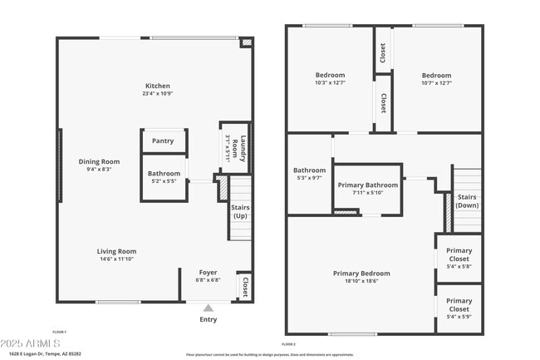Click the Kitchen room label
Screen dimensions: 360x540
(157, 86)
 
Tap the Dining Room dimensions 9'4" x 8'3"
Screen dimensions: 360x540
(100, 170)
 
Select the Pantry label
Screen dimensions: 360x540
(163, 141)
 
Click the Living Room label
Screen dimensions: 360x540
(116, 251)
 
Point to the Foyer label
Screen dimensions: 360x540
(208, 272)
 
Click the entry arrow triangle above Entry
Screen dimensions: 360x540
(208, 308)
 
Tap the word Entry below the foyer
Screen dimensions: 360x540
(208, 319)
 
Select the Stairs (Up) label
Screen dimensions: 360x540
(240, 211)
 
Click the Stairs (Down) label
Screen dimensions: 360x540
(467, 200)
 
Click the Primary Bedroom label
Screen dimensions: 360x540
(361, 273)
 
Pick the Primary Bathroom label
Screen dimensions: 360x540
(368, 185)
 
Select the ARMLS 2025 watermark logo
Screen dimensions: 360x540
(31, 343)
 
